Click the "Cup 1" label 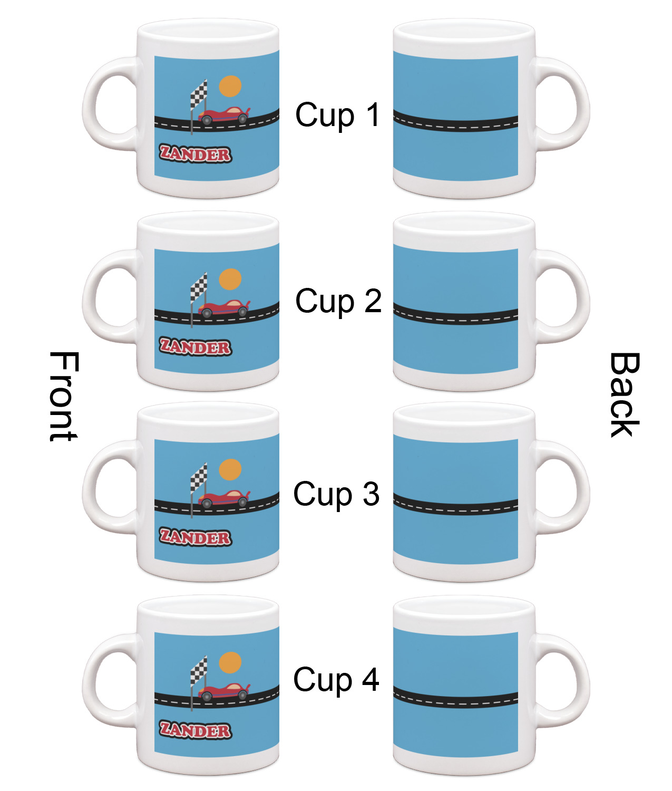[337, 115]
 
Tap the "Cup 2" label [338, 301]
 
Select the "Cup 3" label [336, 494]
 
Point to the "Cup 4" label [336, 679]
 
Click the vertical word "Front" [64, 397]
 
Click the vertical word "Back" [625, 394]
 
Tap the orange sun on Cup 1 [230, 86]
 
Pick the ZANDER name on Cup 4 [196, 730]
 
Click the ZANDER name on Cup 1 [196, 153]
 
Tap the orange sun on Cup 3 [230, 469]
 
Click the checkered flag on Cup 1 [199, 94]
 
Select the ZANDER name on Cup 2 [196, 347]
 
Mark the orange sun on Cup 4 [230, 663]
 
